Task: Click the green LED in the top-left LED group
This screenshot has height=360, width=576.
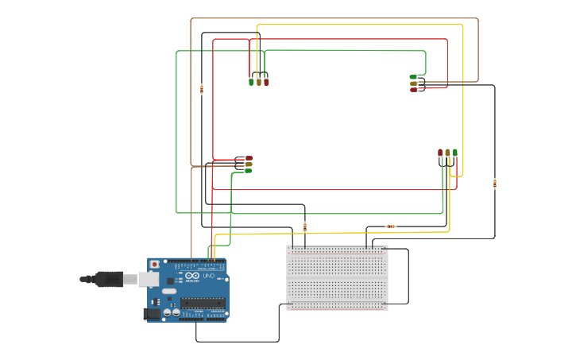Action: [x=251, y=81]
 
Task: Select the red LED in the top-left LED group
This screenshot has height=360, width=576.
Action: [x=266, y=81]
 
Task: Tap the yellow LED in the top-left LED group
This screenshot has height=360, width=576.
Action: [x=258, y=81]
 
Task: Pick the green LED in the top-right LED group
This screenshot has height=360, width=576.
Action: [x=413, y=77]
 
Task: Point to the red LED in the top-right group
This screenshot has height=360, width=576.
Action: [x=413, y=90]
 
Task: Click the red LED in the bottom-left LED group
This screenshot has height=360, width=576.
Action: [x=249, y=158]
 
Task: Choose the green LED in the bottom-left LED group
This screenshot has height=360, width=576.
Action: [x=248, y=171]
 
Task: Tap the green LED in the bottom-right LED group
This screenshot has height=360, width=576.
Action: [x=455, y=153]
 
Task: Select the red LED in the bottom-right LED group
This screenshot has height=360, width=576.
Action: [x=440, y=153]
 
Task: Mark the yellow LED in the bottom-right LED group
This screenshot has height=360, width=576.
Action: [x=447, y=153]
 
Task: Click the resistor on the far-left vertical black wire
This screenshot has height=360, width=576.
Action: [x=202, y=89]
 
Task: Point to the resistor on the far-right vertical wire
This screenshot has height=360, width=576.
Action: [x=495, y=184]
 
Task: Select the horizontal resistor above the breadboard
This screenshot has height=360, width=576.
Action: [x=390, y=226]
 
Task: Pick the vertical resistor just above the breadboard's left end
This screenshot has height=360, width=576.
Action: [x=305, y=227]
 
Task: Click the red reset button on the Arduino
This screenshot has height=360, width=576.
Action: [x=153, y=264]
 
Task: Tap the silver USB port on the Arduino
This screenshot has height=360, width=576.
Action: [x=148, y=279]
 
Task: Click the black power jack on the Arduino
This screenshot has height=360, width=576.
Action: [x=150, y=314]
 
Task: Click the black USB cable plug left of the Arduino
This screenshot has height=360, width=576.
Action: [x=108, y=279]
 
